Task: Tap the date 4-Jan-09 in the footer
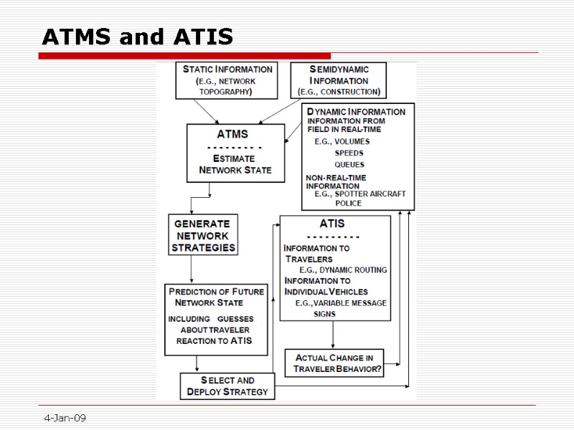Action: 65,418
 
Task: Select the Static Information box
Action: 227,80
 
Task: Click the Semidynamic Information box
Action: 338,80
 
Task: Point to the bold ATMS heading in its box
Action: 233,134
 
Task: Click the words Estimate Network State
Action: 235,164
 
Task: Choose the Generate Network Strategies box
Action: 203,235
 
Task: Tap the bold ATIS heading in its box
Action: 331,224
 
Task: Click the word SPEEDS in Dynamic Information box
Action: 349,153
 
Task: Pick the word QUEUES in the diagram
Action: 349,165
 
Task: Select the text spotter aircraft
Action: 370,194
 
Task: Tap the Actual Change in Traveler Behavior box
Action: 334,363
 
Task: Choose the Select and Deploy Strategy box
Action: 227,386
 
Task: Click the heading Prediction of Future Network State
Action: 215,297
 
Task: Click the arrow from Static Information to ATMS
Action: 209,112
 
